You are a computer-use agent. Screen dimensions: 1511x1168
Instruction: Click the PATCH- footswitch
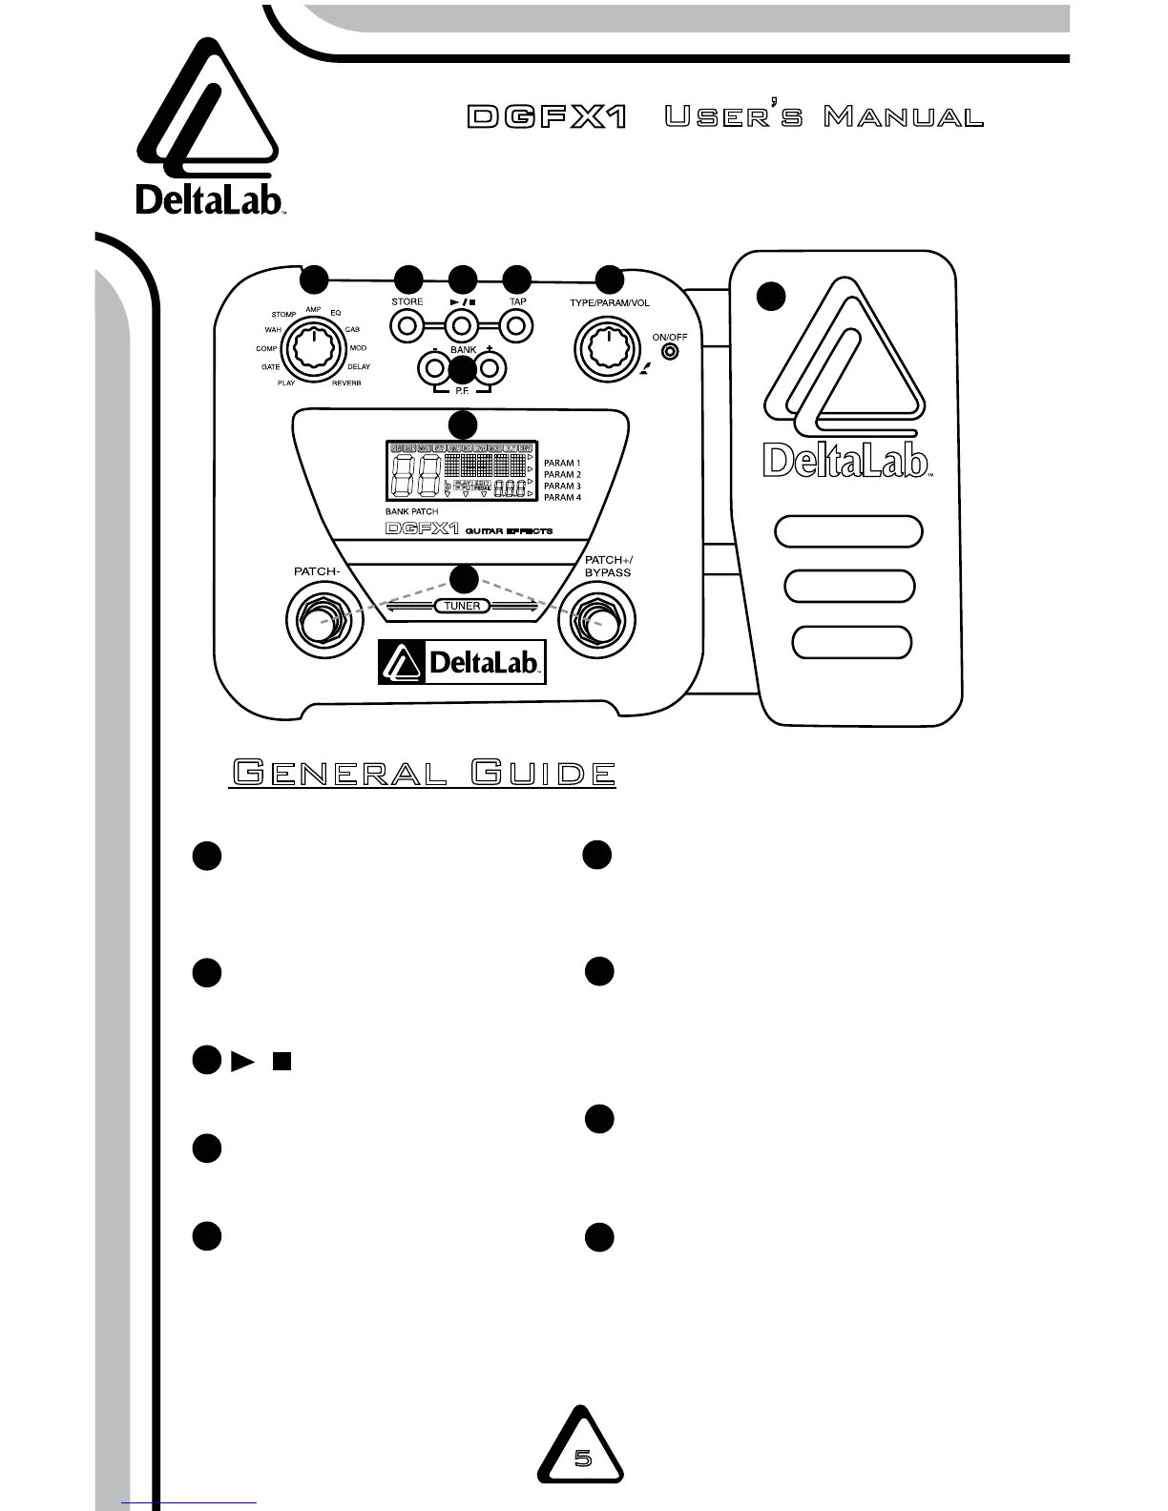pyautogui.click(x=319, y=623)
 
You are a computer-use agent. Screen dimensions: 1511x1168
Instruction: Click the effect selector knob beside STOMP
pyautogui.click(x=311, y=349)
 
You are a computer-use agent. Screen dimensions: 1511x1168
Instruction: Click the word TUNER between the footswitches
pyautogui.click(x=463, y=606)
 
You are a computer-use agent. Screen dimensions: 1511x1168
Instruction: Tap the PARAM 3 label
pyautogui.click(x=562, y=486)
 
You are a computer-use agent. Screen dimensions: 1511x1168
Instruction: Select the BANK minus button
pyautogui.click(x=435, y=367)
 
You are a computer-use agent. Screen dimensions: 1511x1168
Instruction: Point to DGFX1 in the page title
pyautogui.click(x=548, y=118)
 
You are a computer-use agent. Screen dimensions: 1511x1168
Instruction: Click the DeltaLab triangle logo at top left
pyautogui.click(x=210, y=114)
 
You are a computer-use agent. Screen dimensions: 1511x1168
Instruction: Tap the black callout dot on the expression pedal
pyautogui.click(x=771, y=296)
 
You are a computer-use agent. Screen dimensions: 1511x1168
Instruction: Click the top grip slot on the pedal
pyautogui.click(x=848, y=531)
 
